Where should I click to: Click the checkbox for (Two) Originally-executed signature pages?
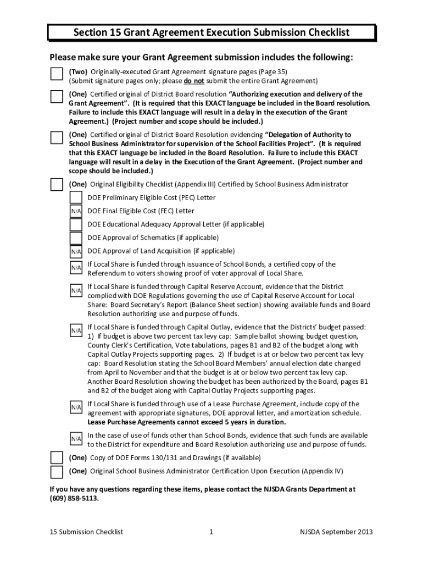tap(57, 74)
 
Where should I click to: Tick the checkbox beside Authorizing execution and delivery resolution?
tap(57, 96)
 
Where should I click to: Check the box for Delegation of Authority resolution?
tap(57, 137)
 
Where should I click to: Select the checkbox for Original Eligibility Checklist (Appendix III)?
tap(57, 184)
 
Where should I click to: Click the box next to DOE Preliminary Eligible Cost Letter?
tap(76, 198)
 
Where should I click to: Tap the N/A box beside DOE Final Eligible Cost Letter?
tap(76, 212)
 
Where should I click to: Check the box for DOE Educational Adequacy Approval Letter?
tap(76, 225)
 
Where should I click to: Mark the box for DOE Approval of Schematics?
tap(76, 238)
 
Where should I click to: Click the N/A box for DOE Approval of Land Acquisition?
tap(76, 252)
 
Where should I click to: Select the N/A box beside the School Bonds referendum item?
tap(76, 267)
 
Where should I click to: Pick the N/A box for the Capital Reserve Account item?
tap(76, 290)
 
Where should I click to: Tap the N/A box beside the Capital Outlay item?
tap(76, 330)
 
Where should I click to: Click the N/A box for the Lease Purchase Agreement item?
tap(76, 407)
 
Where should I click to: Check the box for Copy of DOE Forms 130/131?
tap(57, 457)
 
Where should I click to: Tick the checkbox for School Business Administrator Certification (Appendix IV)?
tap(57, 472)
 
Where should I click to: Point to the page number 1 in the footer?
tap(211, 532)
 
